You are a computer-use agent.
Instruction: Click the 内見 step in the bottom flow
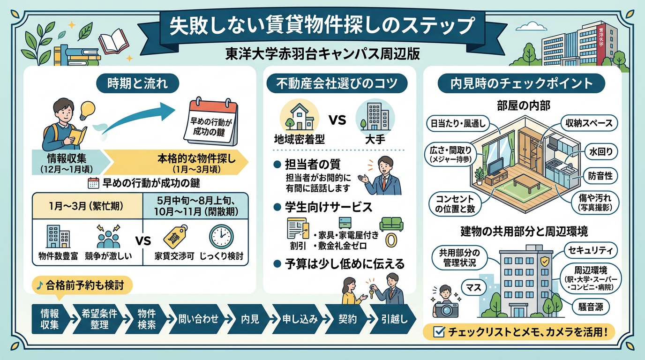[x=250, y=319]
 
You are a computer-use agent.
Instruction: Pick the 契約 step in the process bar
[x=347, y=319]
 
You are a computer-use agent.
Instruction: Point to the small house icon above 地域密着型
[x=300, y=117]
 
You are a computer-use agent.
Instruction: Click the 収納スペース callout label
[x=589, y=123]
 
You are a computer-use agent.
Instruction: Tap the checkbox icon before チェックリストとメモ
[x=439, y=332]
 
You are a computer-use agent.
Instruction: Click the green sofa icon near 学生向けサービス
[x=390, y=225]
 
